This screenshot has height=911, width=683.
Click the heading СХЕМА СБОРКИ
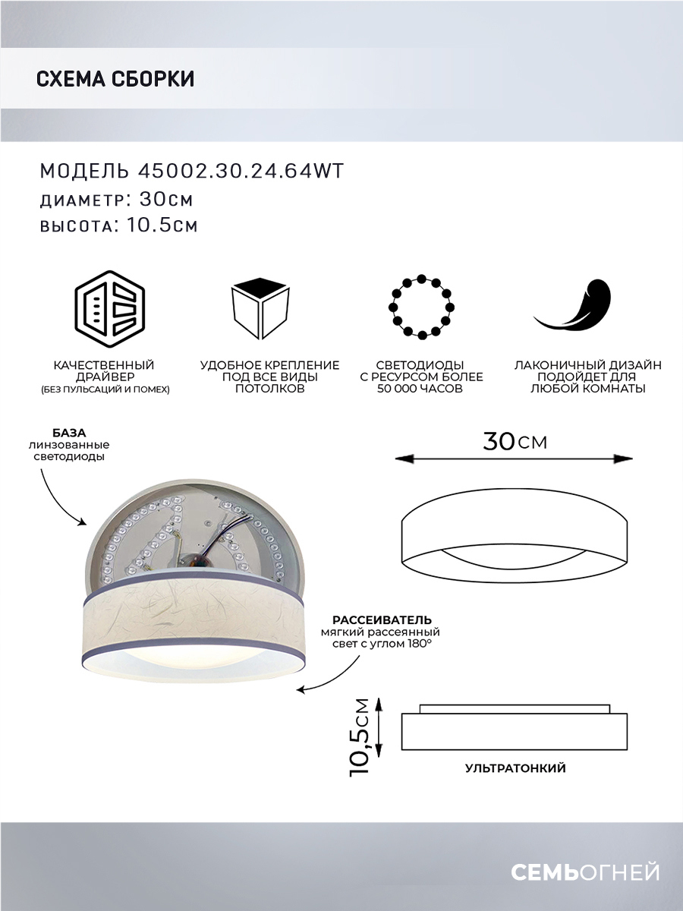click(115, 79)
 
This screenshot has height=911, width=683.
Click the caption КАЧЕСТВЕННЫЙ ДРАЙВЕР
click(105, 371)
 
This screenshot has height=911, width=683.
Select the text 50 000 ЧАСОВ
click(420, 389)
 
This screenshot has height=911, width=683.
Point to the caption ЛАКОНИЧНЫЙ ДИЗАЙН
click(587, 365)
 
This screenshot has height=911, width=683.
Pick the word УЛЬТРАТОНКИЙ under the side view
click(515, 768)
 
